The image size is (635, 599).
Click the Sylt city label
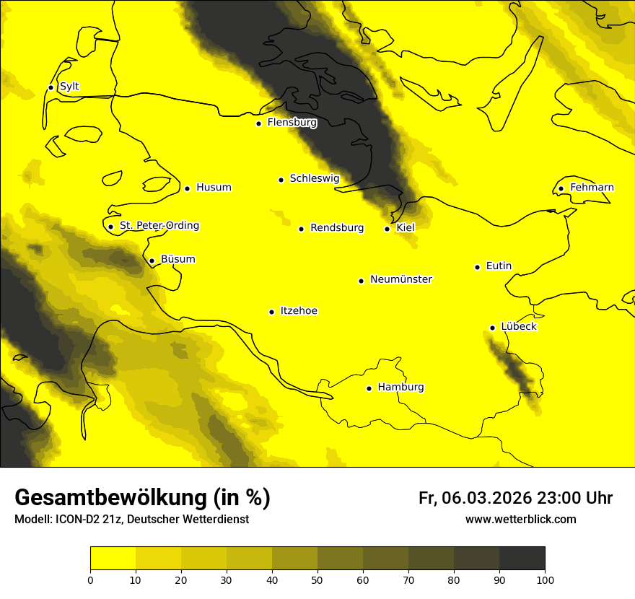tap(69, 87)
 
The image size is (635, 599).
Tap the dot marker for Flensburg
tap(258, 123)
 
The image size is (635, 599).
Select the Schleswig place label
tap(314, 178)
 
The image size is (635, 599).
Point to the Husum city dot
tap(187, 188)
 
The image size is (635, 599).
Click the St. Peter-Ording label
tap(159, 226)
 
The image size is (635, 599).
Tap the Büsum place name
tap(178, 260)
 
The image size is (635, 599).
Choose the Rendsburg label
tap(336, 228)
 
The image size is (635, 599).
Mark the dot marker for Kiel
tap(387, 229)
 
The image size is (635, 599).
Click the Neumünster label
tap(400, 279)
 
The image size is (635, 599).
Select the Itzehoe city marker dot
tap(271, 312)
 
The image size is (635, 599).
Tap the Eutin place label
tap(499, 266)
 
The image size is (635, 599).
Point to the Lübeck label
tap(518, 327)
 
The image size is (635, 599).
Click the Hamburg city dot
tap(369, 388)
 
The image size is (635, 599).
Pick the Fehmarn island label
tap(592, 188)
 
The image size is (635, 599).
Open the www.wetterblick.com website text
tap(520, 520)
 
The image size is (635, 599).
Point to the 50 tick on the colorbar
tap(317, 580)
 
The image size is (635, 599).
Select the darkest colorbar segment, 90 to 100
tap(522, 558)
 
